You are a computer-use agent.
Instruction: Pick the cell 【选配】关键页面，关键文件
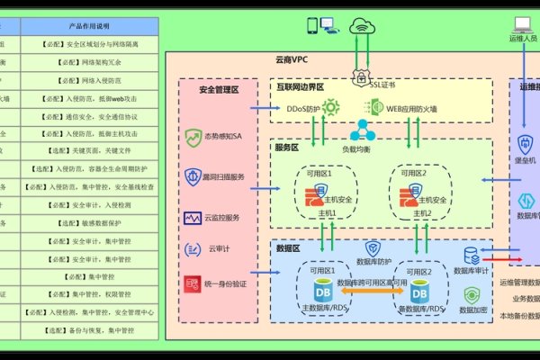click(x=90, y=151)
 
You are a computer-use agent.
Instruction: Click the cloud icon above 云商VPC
click(x=364, y=28)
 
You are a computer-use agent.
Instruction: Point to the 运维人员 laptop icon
click(x=522, y=26)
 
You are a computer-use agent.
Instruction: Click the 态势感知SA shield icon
click(x=193, y=138)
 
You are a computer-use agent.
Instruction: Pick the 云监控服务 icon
click(x=193, y=218)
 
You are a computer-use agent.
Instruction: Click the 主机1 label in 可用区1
click(x=324, y=213)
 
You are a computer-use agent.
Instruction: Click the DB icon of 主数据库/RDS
click(x=322, y=291)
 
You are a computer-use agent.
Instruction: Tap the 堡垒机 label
click(x=527, y=158)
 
